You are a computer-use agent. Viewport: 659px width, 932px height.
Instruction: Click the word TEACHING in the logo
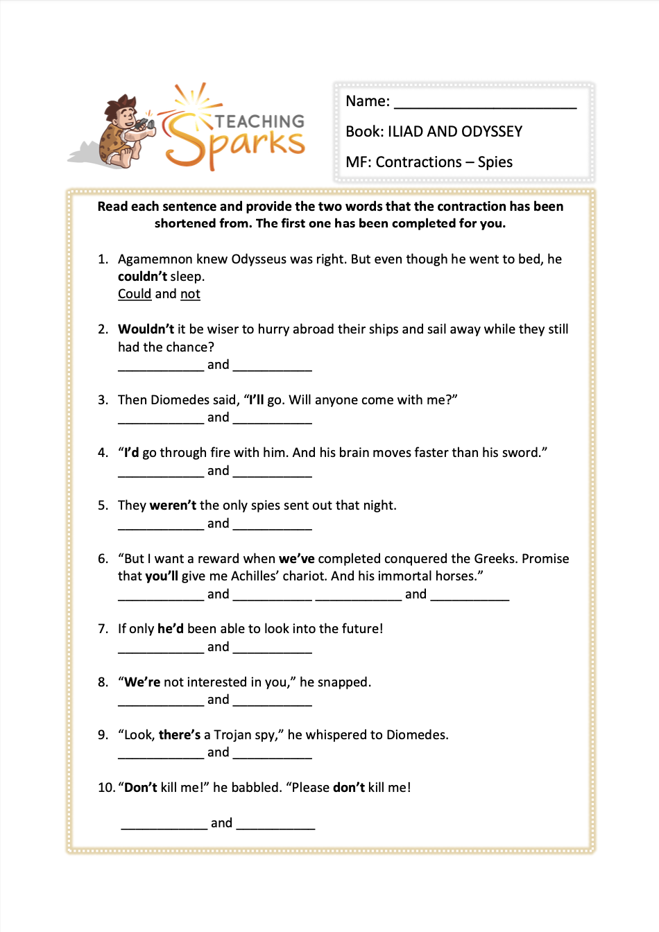(259, 121)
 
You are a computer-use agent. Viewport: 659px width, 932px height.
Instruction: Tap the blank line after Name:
(485, 103)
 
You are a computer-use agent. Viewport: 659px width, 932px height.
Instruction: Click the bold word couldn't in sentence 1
(142, 277)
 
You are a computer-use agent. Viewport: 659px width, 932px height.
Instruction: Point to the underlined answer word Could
(135, 294)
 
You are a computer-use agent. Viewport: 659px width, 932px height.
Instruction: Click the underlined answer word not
(190, 294)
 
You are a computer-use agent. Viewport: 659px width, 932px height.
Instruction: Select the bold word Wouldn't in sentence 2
(146, 329)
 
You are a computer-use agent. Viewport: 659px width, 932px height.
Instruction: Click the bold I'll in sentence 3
(257, 400)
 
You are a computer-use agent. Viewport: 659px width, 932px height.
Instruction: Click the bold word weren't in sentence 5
(173, 506)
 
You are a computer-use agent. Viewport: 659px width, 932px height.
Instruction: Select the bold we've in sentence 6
(296, 559)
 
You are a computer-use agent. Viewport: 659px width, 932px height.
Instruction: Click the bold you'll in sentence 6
(162, 576)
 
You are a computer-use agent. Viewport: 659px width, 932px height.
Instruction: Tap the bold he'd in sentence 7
(171, 629)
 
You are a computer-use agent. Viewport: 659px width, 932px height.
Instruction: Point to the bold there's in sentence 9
(179, 735)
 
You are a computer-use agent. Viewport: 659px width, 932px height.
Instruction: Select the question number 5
(103, 506)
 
